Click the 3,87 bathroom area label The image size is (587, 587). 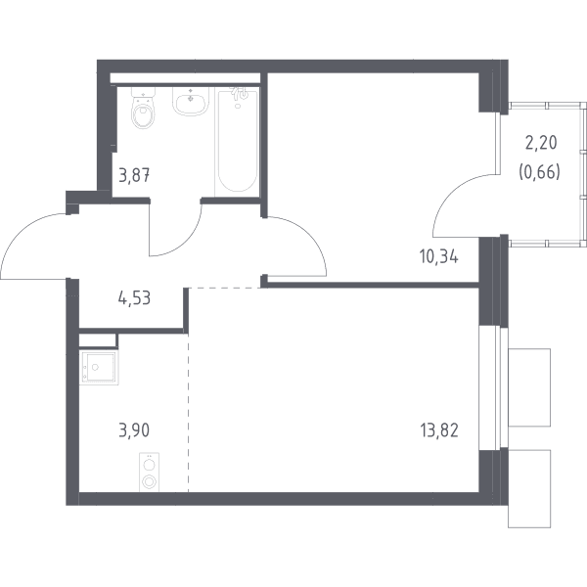[134, 175]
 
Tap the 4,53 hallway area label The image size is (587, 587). [134, 298]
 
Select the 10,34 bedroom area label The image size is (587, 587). [439, 257]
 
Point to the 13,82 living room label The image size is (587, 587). [439, 430]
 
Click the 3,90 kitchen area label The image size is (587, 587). [134, 430]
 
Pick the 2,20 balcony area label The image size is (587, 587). [541, 143]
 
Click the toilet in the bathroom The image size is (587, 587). [143, 109]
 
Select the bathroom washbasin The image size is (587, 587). [191, 101]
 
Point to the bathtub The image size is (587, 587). [238, 142]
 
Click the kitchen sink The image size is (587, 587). [99, 367]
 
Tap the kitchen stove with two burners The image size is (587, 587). [149, 473]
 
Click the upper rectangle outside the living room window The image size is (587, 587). [529, 387]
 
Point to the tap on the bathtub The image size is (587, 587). [240, 93]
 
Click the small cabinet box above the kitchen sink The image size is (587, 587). [97, 340]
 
